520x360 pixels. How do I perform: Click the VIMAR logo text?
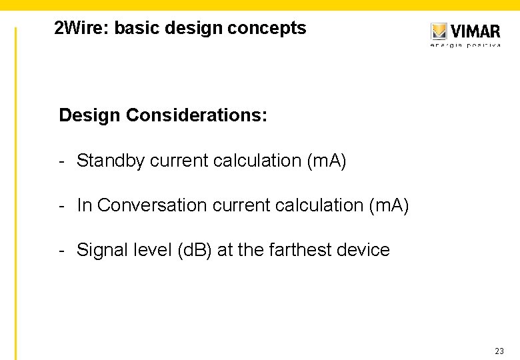(475, 31)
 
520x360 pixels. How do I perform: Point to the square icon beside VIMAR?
(439, 31)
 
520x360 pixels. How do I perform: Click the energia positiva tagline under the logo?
(465, 45)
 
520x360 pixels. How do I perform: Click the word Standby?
(111, 161)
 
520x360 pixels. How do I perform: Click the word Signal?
(100, 250)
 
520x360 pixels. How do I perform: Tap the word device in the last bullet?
(365, 250)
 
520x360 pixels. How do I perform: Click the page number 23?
(499, 351)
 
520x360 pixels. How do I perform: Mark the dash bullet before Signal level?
(61, 251)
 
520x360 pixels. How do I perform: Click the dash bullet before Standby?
(61, 161)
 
